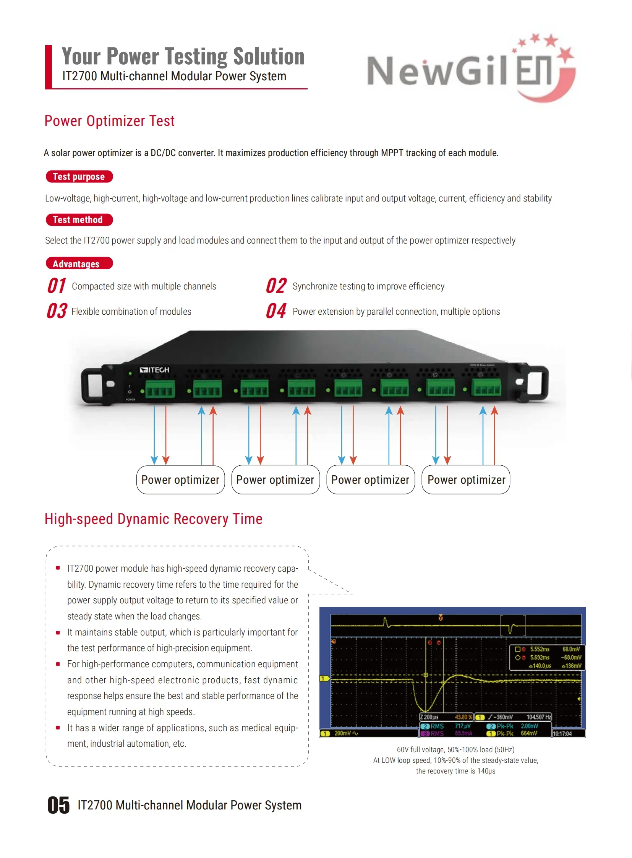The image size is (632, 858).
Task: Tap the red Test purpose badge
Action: click(79, 177)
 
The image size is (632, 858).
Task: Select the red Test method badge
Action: click(79, 220)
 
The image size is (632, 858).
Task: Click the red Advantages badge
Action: click(79, 263)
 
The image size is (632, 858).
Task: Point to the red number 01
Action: click(57, 286)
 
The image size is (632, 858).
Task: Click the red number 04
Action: click(276, 311)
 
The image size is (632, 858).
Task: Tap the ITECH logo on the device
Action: click(154, 370)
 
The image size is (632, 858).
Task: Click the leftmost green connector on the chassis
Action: click(160, 389)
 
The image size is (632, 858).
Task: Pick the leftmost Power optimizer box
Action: click(180, 480)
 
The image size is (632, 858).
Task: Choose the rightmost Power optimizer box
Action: click(465, 480)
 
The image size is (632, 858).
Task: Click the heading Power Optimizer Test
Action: click(109, 121)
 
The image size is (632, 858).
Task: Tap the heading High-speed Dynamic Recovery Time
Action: click(153, 519)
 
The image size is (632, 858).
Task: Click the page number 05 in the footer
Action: click(58, 805)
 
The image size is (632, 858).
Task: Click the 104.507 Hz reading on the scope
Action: click(538, 717)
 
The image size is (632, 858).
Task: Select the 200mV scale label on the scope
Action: click(342, 733)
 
